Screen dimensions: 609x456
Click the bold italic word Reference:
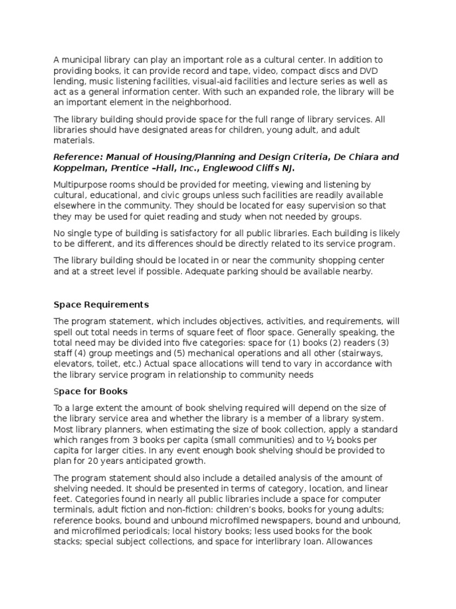point(79,157)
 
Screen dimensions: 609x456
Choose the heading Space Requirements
point(101,304)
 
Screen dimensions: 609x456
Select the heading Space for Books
point(90,391)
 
